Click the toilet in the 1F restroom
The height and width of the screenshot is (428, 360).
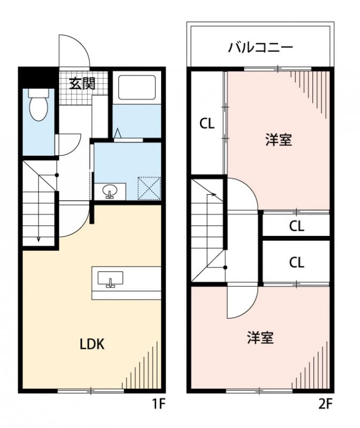pyautogui.click(x=39, y=105)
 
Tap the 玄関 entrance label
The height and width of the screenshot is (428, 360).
pyautogui.click(x=82, y=83)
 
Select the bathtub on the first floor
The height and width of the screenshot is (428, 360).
pyautogui.click(x=137, y=87)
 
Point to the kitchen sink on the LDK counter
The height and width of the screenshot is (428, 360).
pyautogui.click(x=110, y=279)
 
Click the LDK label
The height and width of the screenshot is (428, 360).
pyautogui.click(x=92, y=344)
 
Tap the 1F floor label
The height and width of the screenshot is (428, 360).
pyautogui.click(x=158, y=404)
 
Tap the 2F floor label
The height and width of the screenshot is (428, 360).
pyautogui.click(x=326, y=404)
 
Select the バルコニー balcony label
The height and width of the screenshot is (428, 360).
pyautogui.click(x=261, y=48)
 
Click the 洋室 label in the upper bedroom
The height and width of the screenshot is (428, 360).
pyautogui.click(x=279, y=140)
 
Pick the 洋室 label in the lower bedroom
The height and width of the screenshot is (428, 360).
pyautogui.click(x=261, y=338)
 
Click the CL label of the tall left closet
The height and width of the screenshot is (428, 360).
pyautogui.click(x=207, y=124)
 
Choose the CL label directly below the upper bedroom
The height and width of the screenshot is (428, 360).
pyautogui.click(x=297, y=226)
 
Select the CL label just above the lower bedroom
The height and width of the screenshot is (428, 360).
pyautogui.click(x=297, y=263)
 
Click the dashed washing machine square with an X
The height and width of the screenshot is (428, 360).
pyautogui.click(x=149, y=188)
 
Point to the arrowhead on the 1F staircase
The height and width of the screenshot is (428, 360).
pyautogui.click(x=39, y=239)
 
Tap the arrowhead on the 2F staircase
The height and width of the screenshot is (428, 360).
pyautogui.click(x=214, y=194)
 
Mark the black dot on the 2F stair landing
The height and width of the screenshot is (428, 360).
pyautogui.click(x=225, y=267)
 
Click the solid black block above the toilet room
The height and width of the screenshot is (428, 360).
pyautogui.click(x=39, y=77)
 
